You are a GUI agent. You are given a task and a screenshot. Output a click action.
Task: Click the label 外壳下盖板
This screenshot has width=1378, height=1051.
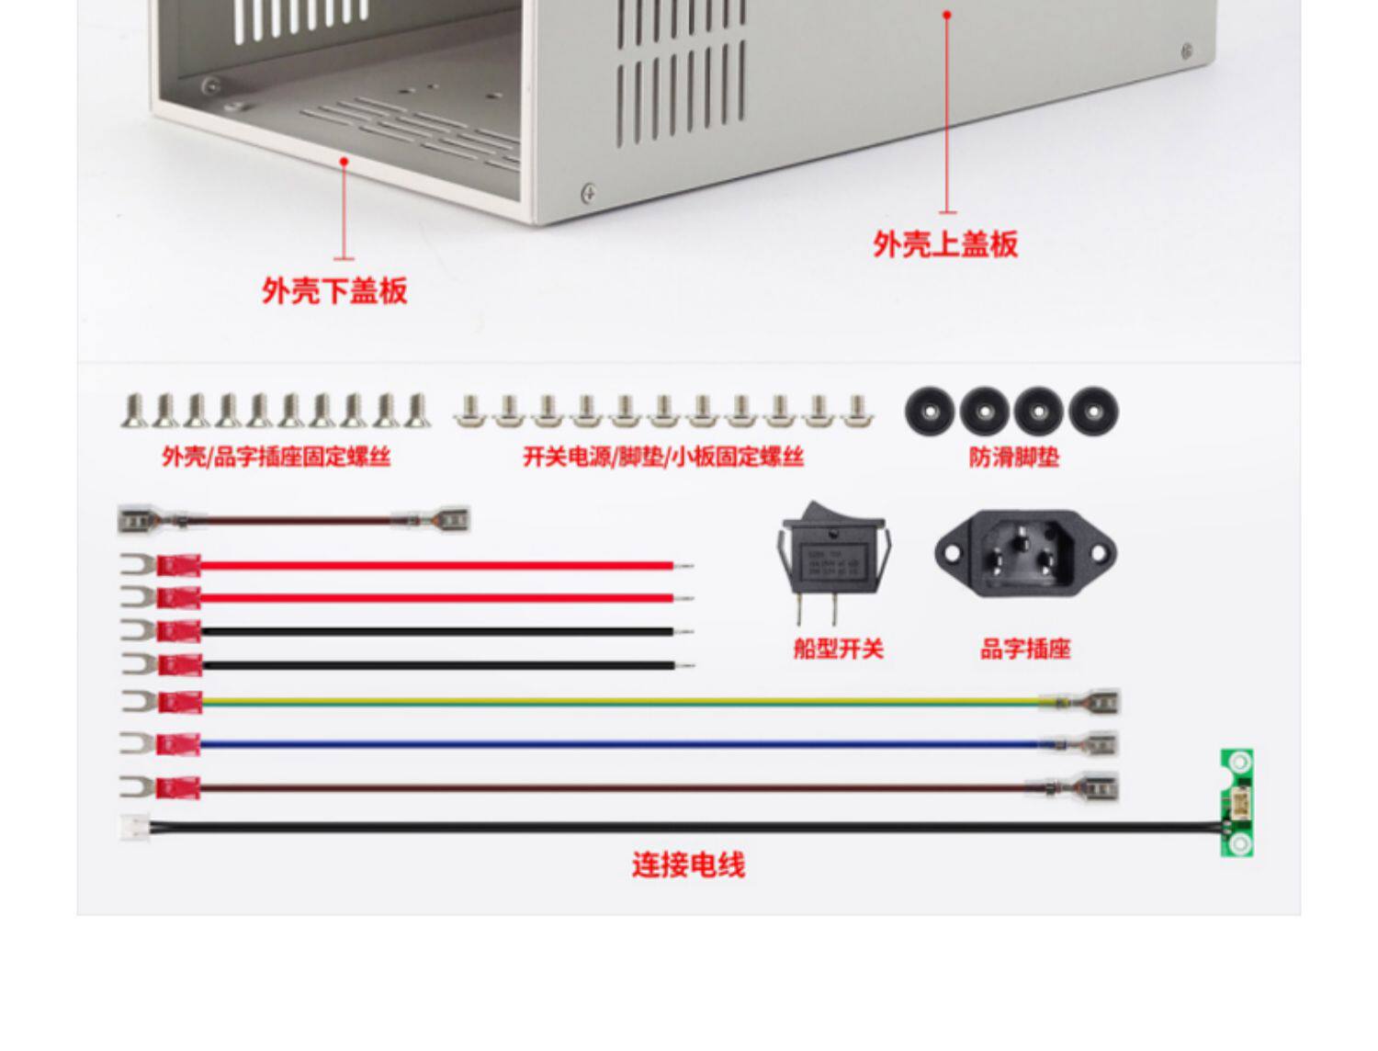coord(334,291)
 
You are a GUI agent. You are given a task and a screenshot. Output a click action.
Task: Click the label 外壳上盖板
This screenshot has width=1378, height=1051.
coord(945,244)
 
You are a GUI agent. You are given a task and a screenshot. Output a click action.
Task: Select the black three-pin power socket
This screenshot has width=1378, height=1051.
coord(1025,554)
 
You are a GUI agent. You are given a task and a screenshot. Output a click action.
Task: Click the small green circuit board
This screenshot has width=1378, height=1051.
coord(1237,803)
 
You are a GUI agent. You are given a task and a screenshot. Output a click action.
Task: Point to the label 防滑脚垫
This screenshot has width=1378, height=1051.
coord(1014,457)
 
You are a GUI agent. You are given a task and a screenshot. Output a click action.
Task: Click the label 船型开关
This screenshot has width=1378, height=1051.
coord(838,650)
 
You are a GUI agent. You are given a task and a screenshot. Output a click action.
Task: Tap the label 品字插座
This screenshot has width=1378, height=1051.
coord(1025,650)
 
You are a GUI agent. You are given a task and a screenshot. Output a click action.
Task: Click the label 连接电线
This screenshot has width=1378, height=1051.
coord(688,865)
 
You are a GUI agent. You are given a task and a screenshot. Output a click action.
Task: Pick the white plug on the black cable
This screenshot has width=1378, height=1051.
coord(134,827)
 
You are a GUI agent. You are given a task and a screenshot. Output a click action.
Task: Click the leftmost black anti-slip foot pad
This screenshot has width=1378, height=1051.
coord(930,411)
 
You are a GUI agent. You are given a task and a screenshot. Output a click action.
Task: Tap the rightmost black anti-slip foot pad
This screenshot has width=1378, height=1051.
coord(1093,411)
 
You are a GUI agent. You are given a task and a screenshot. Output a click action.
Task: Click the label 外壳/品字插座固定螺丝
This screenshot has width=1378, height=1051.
coord(276,457)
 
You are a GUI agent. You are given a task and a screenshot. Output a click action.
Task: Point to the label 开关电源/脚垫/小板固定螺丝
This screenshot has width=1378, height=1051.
coord(663,457)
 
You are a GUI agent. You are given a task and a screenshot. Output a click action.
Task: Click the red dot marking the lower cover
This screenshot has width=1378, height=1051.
coord(344,161)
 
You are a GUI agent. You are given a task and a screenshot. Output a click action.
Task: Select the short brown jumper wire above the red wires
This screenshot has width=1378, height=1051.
coord(294,521)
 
